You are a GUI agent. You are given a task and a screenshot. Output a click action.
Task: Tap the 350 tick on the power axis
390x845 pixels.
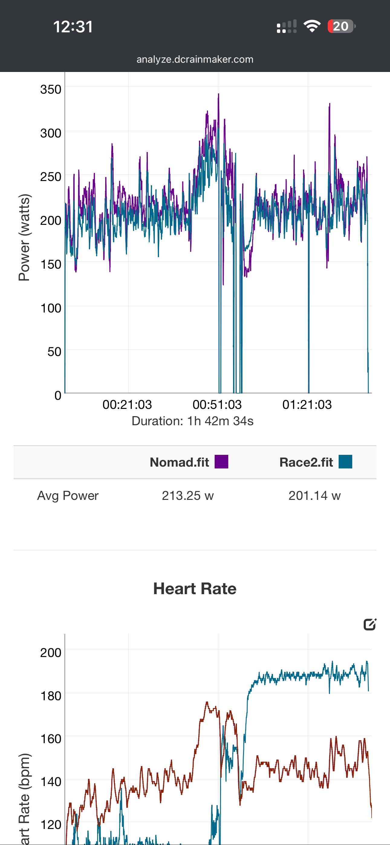click(x=50, y=89)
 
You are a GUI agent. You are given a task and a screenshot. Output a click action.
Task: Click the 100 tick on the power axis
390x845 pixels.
click(x=50, y=308)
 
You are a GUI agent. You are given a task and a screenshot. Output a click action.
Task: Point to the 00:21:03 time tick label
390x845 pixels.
click(x=127, y=404)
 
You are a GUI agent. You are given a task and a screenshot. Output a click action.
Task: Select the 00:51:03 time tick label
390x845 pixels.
click(x=217, y=404)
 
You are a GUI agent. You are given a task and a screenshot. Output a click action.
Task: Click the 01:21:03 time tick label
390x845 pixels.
click(x=307, y=404)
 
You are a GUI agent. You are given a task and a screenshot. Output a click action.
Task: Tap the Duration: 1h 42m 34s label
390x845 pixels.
click(x=192, y=421)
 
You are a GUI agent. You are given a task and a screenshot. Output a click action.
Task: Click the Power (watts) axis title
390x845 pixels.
click(x=24, y=237)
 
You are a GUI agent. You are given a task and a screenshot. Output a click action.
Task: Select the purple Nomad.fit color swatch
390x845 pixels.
click(x=221, y=461)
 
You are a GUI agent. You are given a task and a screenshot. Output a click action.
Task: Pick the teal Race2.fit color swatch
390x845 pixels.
click(x=345, y=461)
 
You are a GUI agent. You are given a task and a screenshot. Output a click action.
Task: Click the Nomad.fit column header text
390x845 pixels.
click(x=179, y=462)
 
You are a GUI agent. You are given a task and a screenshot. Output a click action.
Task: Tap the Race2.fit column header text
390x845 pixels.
click(x=306, y=462)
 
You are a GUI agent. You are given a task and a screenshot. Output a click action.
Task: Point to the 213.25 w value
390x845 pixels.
click(x=187, y=495)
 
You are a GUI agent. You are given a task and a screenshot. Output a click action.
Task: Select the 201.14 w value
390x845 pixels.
click(x=314, y=495)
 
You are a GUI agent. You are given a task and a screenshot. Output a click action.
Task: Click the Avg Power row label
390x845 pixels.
click(x=68, y=495)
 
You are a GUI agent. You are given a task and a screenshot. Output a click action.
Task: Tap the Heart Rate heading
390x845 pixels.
click(x=195, y=588)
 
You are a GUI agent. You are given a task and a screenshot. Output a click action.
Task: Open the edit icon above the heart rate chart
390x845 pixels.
click(x=370, y=624)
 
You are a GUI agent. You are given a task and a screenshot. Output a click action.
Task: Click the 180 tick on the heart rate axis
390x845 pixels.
click(x=50, y=695)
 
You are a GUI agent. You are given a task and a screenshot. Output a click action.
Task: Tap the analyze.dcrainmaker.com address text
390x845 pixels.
click(x=195, y=59)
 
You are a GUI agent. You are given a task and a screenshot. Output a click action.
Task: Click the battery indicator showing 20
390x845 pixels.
click(x=341, y=26)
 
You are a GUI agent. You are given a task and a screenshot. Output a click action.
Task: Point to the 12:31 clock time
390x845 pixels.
click(x=73, y=27)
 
